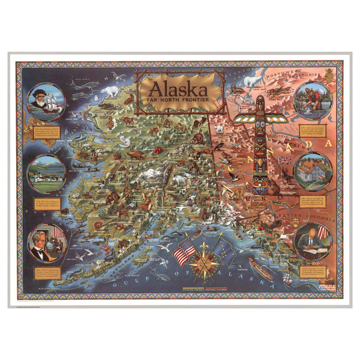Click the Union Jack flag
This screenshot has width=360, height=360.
tap(284, 161)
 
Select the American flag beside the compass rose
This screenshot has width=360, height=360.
tap(184, 252)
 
